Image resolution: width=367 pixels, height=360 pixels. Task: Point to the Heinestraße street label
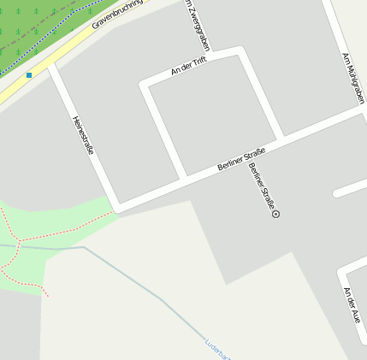[x=83, y=135]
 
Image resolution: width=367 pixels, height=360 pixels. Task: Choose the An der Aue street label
[x=351, y=305]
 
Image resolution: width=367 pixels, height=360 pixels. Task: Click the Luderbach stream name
[x=217, y=349]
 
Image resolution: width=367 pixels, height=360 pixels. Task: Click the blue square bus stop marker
[x=29, y=75]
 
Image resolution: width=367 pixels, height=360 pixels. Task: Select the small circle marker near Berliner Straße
[x=275, y=214]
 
